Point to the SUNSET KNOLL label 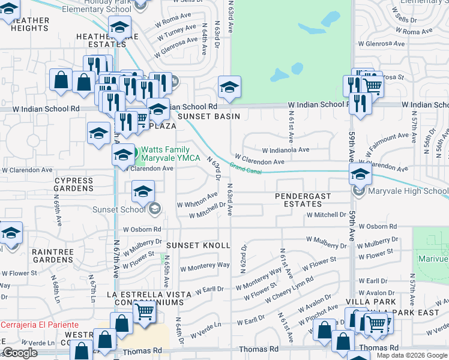pyautogui.click(x=198, y=245)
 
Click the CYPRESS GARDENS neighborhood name pyautogui.click(x=74, y=184)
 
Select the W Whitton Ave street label pyautogui.click(x=197, y=200)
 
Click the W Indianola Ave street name pyautogui.click(x=285, y=150)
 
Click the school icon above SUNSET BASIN pyautogui.click(x=229, y=88)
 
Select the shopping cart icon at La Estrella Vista pyautogui.click(x=144, y=311)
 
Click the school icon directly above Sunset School pyautogui.click(x=143, y=191)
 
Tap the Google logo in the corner pyautogui.click(x=20, y=353)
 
